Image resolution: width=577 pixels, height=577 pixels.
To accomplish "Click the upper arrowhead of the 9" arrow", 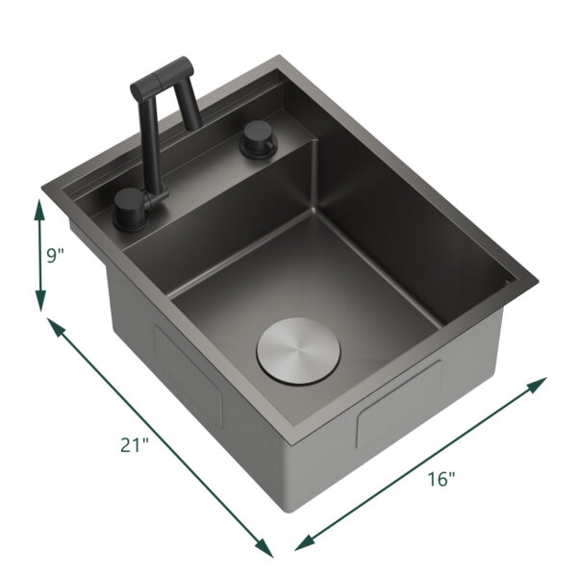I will [x=40, y=204].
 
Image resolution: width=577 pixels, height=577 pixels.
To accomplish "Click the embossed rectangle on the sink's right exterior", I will [x=398, y=403].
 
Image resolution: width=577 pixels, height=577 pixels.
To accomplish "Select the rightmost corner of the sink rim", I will [x=539, y=286].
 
